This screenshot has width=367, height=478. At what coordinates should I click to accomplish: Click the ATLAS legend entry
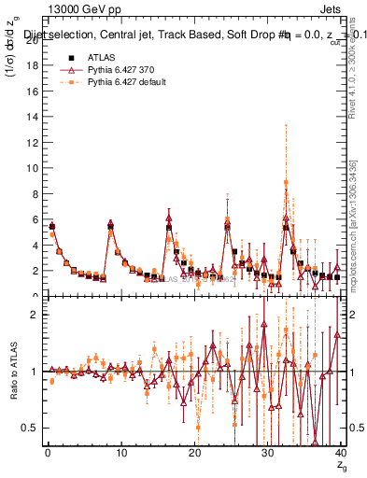[100, 58]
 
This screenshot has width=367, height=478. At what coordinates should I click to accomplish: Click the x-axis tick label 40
[341, 453]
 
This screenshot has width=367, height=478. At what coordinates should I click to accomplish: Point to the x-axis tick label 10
[120, 453]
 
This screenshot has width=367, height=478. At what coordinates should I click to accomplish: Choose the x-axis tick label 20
[194, 453]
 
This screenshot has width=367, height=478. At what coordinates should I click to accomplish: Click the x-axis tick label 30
[267, 453]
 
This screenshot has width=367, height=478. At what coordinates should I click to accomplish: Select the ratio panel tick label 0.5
[28, 428]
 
